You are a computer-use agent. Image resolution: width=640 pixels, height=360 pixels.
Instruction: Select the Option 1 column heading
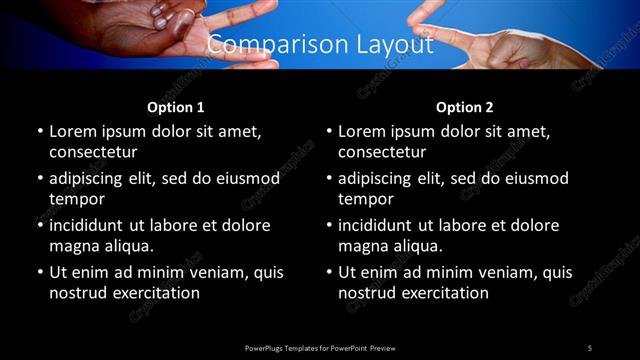click(176, 107)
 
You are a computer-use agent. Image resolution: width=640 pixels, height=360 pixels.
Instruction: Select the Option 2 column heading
click(465, 107)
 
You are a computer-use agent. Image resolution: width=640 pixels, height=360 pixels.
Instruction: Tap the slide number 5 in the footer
click(590, 347)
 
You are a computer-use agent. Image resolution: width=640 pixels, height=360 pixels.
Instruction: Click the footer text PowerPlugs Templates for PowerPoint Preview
click(319, 347)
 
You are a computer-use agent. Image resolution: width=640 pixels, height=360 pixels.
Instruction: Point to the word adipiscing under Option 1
click(93, 178)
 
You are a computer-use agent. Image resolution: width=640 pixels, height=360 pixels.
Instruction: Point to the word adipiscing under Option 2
click(382, 178)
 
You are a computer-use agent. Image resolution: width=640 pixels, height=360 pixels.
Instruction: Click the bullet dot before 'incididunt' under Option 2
click(329, 226)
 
